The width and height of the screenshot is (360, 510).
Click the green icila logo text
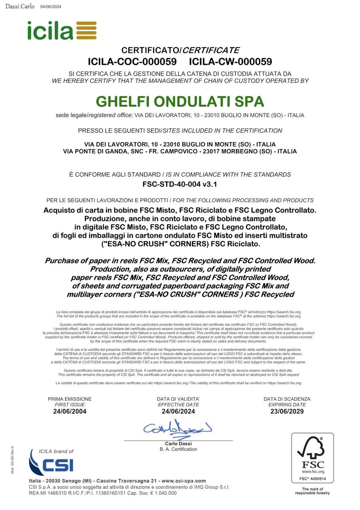click(50, 30)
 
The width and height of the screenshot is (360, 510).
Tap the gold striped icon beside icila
click(86, 30)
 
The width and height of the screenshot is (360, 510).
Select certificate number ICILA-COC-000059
click(132, 62)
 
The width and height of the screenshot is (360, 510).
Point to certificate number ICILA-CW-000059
click(230, 62)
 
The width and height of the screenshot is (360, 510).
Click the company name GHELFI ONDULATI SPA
click(180, 101)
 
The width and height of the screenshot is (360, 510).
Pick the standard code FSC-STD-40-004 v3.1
click(180, 185)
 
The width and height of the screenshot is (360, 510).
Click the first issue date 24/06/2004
click(70, 412)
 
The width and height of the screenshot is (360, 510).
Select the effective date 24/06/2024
click(178, 412)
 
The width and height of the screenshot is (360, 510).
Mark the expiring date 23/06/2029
click(287, 412)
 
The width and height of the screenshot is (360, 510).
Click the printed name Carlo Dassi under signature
click(178, 444)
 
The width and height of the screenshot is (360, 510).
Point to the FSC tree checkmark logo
click(312, 449)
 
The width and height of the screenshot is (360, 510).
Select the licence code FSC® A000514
click(312, 479)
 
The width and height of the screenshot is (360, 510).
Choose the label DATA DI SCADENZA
click(287, 399)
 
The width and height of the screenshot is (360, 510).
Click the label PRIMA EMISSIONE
click(70, 399)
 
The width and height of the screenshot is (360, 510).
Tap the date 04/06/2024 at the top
click(51, 6)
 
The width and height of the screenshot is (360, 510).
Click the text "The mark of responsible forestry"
click(312, 491)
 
